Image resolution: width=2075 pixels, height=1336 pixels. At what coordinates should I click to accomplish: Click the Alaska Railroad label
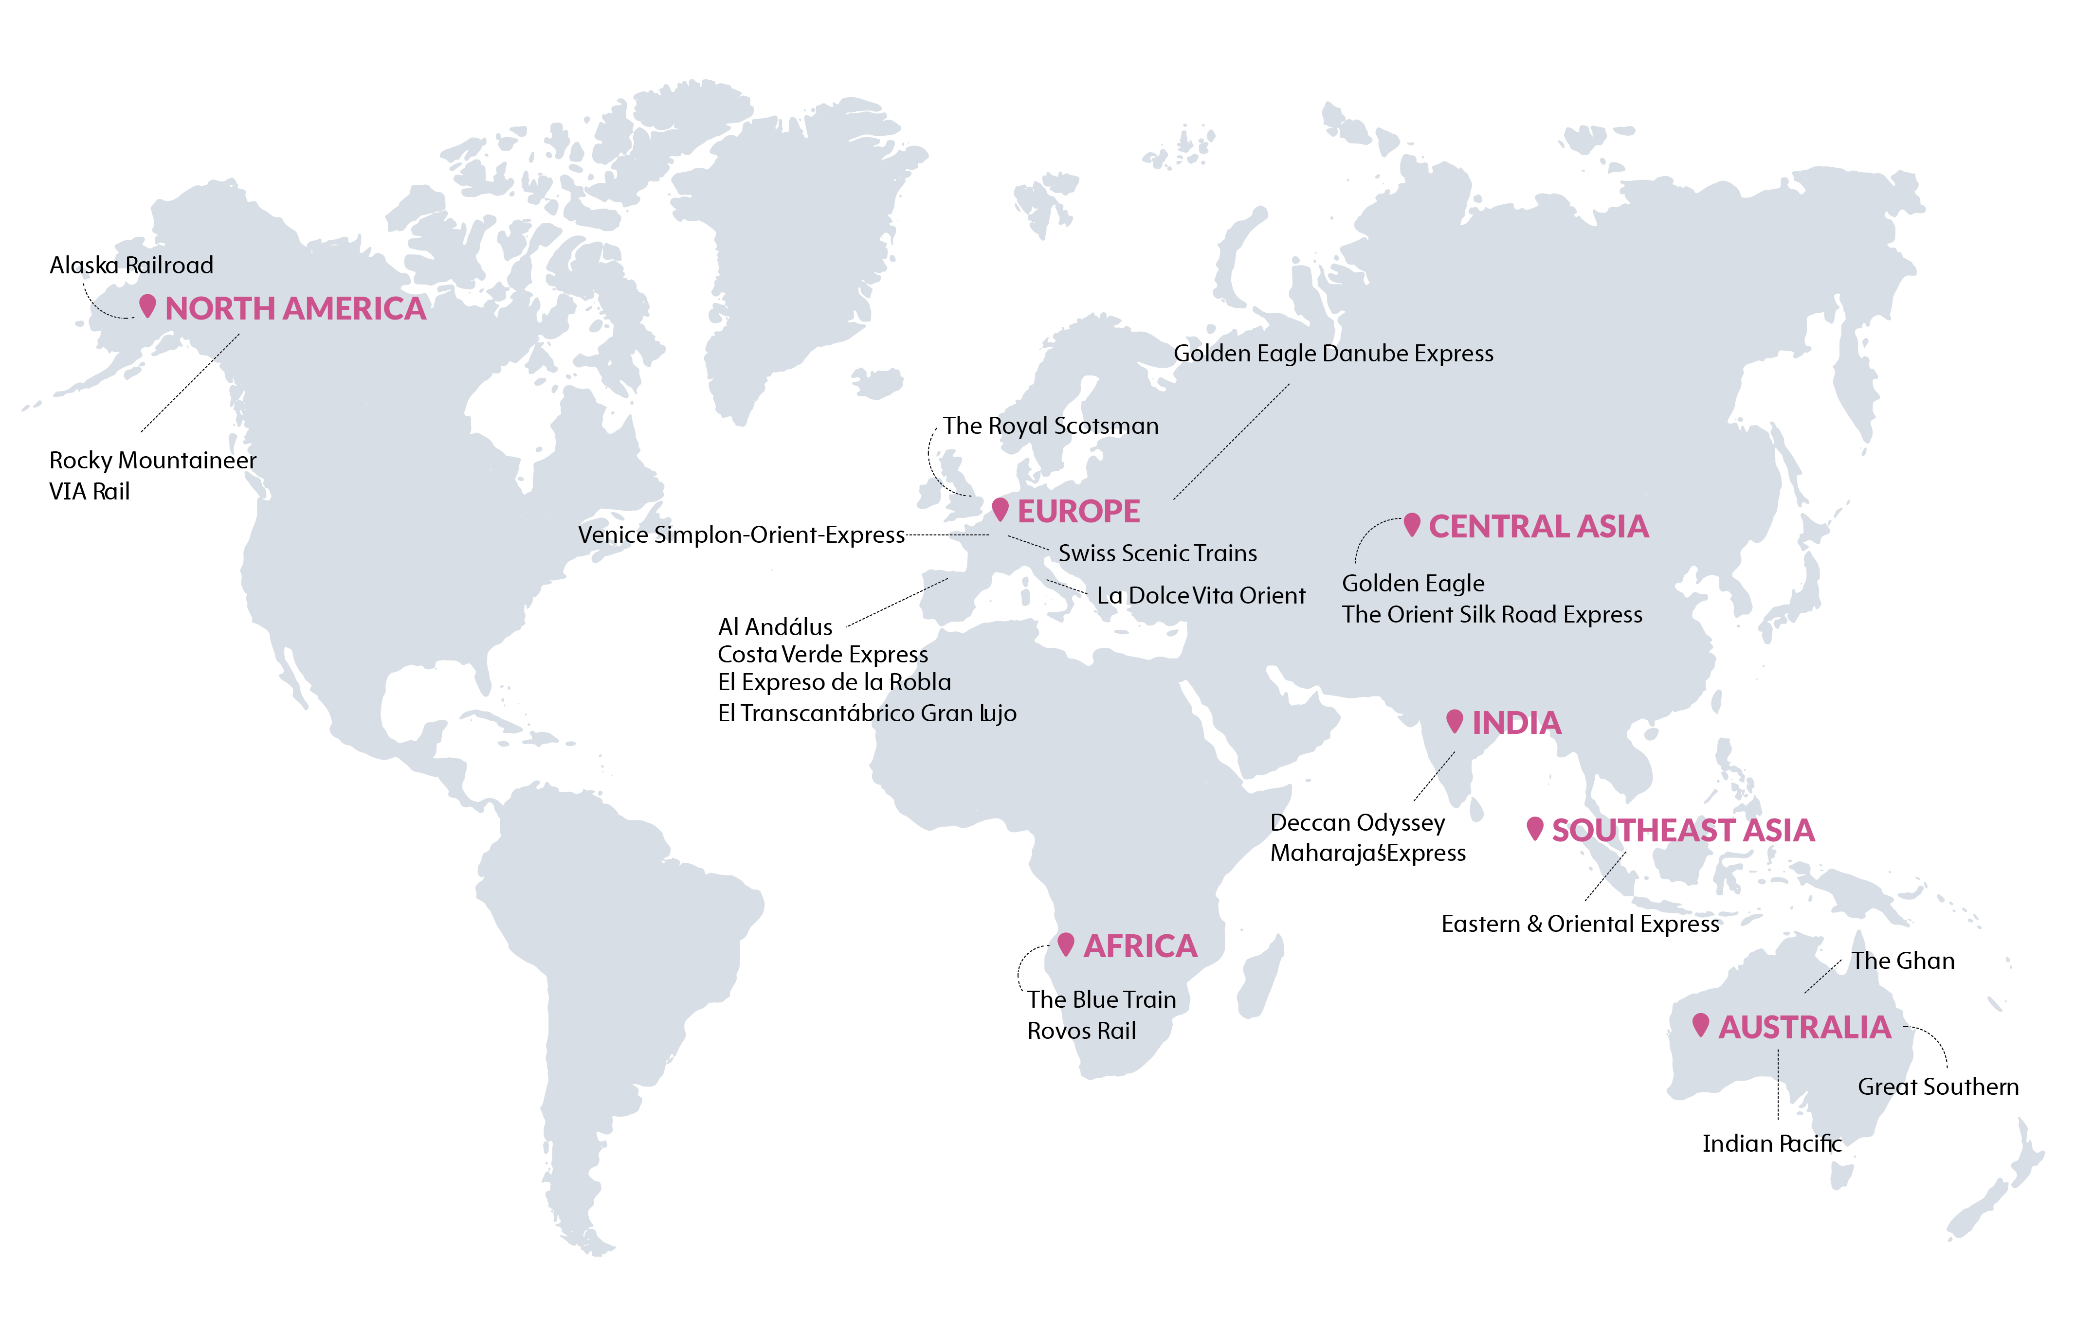[x=131, y=266]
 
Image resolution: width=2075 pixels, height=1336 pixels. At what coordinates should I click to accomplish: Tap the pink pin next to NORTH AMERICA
[x=147, y=305]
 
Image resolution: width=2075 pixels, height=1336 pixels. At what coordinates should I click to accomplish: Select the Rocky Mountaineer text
[x=153, y=461]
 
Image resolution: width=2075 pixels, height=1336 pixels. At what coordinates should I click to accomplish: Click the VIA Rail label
[x=90, y=492]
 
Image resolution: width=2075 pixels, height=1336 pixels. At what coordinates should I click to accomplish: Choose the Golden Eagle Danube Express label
[x=1333, y=354]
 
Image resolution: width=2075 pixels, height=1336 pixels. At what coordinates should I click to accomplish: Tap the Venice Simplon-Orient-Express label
[x=741, y=535]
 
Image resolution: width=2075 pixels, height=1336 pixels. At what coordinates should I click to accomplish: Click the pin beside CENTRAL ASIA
[x=1412, y=524]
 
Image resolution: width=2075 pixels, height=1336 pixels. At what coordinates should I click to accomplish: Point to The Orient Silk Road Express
[x=1492, y=615]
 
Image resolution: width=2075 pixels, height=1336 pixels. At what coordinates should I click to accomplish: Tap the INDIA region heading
[x=1516, y=724]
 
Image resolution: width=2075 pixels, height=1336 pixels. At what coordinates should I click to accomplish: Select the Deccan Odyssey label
[x=1357, y=823]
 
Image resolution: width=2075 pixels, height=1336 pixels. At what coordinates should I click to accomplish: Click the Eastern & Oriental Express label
[x=1580, y=925]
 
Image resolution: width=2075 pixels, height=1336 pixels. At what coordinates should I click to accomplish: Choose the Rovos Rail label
[x=1081, y=1032]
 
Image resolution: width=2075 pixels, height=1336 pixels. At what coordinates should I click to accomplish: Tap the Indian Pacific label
[x=1771, y=1144]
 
